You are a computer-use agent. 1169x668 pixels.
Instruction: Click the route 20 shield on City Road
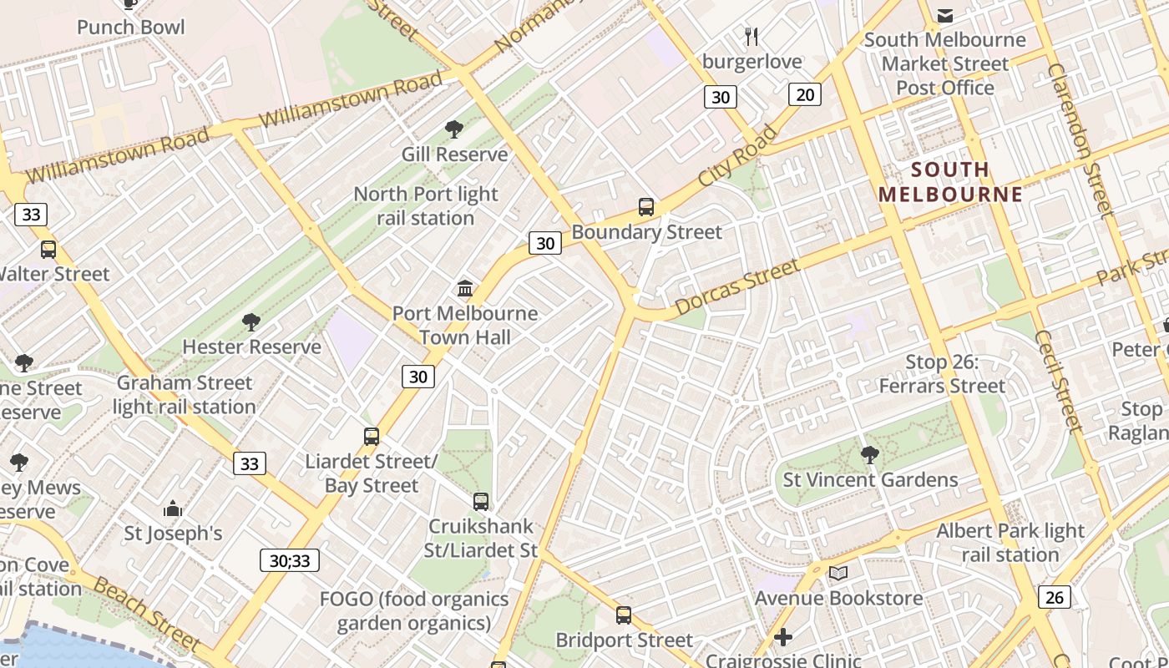805,95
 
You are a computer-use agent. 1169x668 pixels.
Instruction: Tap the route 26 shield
1055,597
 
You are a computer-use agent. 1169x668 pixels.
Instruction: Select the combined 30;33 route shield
290,560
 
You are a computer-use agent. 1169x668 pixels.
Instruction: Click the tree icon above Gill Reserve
454,129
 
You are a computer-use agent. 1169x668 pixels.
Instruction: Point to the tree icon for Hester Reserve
251,322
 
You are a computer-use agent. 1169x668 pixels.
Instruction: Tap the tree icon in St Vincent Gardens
869,455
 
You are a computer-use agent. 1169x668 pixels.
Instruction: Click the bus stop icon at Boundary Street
645,207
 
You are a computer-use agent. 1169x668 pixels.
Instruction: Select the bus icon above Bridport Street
623,615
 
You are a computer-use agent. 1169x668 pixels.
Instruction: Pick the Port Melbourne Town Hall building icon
465,289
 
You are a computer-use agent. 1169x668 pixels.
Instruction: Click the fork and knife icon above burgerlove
751,36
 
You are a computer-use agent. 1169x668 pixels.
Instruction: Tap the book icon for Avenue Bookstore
838,574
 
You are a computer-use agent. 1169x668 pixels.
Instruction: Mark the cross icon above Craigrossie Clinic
782,638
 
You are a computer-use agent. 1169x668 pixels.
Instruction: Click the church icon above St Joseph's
173,509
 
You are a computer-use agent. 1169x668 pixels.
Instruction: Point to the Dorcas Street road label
736,287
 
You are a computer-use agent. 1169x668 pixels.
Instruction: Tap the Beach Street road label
146,615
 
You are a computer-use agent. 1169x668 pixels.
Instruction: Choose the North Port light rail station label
426,206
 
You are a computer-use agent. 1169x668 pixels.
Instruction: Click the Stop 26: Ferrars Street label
942,374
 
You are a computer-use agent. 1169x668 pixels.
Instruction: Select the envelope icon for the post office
945,16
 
